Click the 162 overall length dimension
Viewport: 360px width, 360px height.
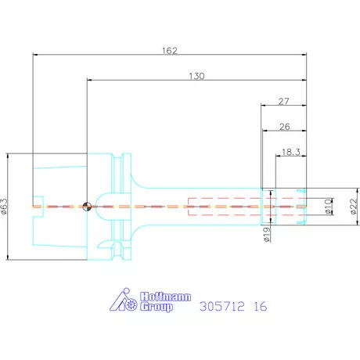pos(170,50)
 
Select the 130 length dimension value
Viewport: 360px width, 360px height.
pos(197,76)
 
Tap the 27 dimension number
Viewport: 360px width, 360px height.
pos(284,101)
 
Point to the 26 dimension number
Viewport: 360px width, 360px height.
pos(285,127)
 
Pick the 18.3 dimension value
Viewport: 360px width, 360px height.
pos(291,152)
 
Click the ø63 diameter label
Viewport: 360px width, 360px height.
pos(5,206)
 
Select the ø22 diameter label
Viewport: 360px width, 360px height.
pos(353,206)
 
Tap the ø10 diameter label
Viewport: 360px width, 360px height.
pos(328,207)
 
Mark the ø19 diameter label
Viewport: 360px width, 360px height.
pos(267,234)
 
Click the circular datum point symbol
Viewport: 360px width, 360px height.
pos(87,207)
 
